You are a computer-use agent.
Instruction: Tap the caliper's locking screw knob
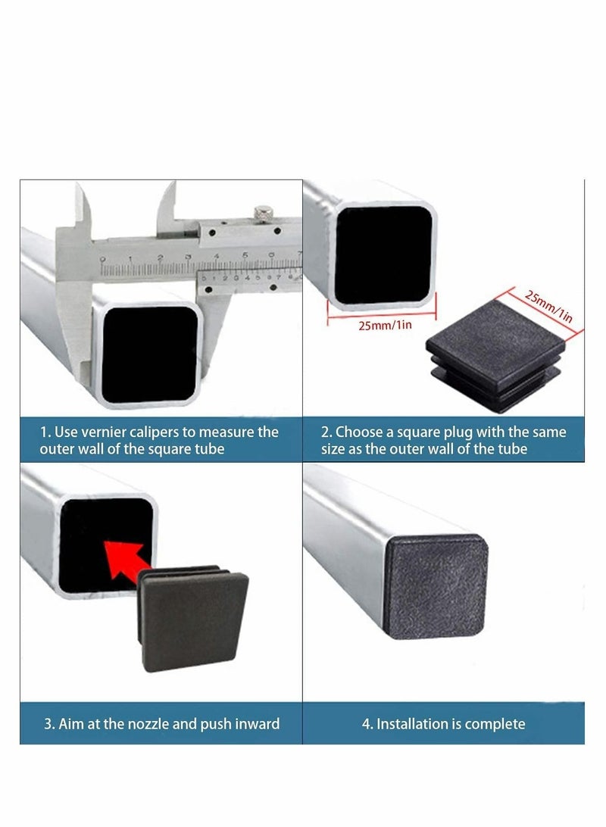[263, 214]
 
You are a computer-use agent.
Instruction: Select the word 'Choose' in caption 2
[361, 432]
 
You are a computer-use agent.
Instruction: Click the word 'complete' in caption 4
[495, 723]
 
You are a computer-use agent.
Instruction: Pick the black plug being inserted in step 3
[192, 614]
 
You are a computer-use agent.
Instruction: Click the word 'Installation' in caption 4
[420, 723]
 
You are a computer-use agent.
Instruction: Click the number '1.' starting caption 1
[45, 432]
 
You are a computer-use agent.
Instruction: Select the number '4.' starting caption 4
[367, 723]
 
